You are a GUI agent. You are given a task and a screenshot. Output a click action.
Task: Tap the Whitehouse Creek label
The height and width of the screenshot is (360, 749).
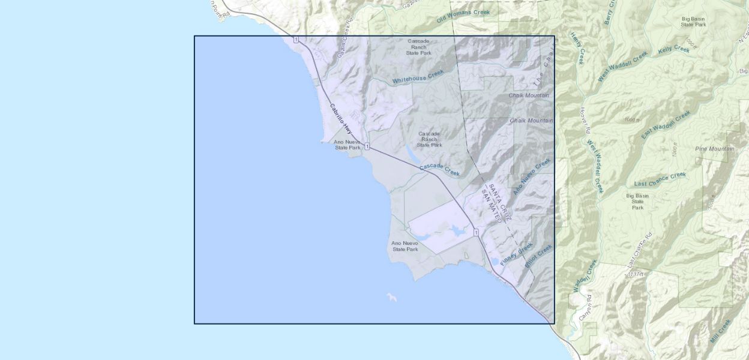pos(418,76)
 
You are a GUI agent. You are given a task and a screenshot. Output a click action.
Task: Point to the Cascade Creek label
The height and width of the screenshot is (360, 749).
pos(439,170)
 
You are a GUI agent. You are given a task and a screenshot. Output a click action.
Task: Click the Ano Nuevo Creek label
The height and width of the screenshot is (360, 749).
pos(532,176)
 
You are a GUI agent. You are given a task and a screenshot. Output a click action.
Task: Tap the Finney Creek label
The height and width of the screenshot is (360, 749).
pos(516,254)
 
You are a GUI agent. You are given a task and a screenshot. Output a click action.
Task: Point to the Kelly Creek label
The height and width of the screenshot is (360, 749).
pos(673,50)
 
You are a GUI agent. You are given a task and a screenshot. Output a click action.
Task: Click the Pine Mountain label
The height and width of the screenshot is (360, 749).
pos(714,149)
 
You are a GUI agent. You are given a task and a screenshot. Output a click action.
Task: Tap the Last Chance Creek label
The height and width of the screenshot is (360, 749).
pos(660,179)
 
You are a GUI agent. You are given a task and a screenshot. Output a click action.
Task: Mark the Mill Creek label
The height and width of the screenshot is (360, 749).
pos(720,331)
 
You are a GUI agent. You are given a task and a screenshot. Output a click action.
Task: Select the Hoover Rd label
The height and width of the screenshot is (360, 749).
pos(585,120)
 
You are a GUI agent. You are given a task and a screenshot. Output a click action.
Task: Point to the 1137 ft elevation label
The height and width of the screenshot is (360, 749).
pos(636,274)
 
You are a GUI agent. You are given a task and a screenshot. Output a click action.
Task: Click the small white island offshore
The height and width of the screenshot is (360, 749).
pos(391,296)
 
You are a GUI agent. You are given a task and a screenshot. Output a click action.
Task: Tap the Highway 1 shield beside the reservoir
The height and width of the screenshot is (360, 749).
pos(475,232)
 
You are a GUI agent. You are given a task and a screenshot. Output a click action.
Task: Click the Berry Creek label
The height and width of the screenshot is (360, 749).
pos(610,12)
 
